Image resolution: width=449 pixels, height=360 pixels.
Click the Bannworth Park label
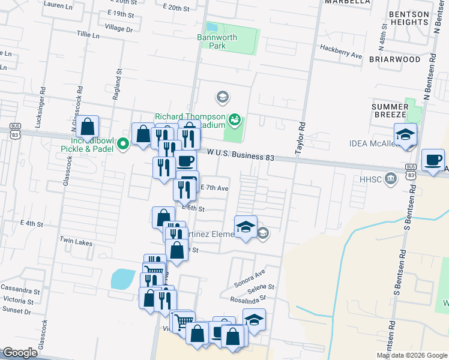(x=217, y=41)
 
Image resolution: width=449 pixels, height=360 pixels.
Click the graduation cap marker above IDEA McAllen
(x=406, y=134)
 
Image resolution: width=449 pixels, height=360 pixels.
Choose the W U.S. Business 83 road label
(x=241, y=156)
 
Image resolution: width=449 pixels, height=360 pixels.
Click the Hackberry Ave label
(x=341, y=51)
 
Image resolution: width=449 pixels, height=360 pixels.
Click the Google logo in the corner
(x=20, y=353)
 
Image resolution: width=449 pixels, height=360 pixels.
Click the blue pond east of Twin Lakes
(x=122, y=279)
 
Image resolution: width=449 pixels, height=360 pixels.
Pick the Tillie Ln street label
(x=88, y=35)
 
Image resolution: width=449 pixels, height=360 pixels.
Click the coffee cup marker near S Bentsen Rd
(x=433, y=160)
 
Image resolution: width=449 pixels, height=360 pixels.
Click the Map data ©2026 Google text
(x=411, y=355)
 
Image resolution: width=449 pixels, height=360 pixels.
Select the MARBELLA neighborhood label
(x=347, y=2)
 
